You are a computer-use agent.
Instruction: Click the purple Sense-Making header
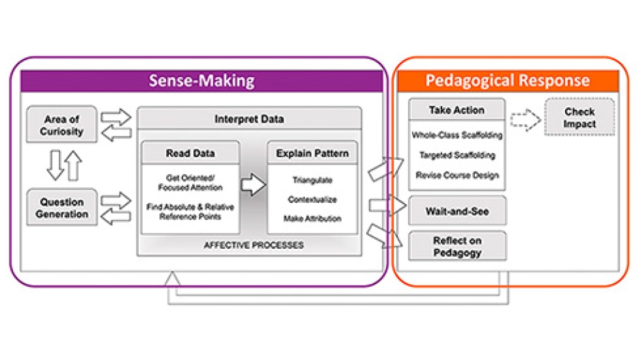[x=202, y=81]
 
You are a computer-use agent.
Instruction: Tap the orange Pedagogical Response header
[x=507, y=81]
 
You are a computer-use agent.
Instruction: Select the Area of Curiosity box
[x=61, y=125]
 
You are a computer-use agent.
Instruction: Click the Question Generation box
[x=61, y=208]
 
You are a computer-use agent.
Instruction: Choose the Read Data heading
[x=191, y=153]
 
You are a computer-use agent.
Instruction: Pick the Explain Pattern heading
[x=312, y=153]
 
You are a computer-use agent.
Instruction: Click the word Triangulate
[x=312, y=180]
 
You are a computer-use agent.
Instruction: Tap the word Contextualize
[x=312, y=199]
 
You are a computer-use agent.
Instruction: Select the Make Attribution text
[x=312, y=219]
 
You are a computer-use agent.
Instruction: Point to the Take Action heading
[x=456, y=110]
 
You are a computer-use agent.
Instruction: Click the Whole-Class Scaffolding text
[x=456, y=135]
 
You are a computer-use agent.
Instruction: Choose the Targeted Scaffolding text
[x=456, y=155]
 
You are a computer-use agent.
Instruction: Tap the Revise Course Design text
[x=456, y=175]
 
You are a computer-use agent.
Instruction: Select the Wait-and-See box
[x=457, y=211]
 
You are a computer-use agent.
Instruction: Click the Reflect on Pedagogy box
[x=457, y=246]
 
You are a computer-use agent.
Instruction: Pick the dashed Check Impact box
[x=579, y=117]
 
